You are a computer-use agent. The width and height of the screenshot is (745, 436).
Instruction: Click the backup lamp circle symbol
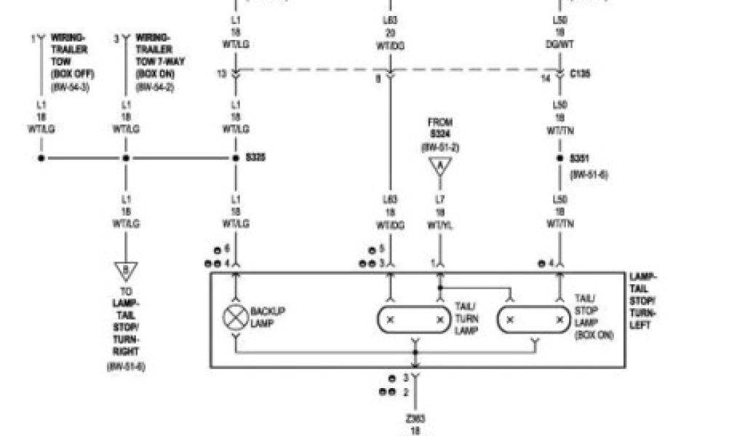point(235,318)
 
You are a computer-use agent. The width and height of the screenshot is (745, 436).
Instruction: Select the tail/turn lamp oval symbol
point(414,320)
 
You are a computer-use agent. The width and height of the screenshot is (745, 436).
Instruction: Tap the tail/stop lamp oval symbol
point(534,320)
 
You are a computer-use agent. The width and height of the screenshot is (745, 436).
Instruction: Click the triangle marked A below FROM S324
point(439,168)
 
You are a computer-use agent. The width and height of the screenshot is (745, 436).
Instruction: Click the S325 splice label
point(255,157)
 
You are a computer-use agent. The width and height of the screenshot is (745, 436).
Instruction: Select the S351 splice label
point(580,158)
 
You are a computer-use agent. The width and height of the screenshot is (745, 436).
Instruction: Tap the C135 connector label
point(581,74)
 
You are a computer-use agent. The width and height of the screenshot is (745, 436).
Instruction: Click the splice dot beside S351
point(559,158)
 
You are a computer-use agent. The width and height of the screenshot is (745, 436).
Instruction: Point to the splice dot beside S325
point(236,158)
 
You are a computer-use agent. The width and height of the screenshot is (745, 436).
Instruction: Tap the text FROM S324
point(440,129)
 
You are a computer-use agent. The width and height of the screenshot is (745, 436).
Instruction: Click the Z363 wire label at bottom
point(415,419)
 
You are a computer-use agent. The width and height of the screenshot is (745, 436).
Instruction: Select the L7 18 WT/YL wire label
point(439,213)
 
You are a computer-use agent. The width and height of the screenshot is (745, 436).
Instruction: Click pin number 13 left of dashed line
point(221,74)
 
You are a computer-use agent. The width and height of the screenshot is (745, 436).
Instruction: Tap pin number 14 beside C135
point(546,78)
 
